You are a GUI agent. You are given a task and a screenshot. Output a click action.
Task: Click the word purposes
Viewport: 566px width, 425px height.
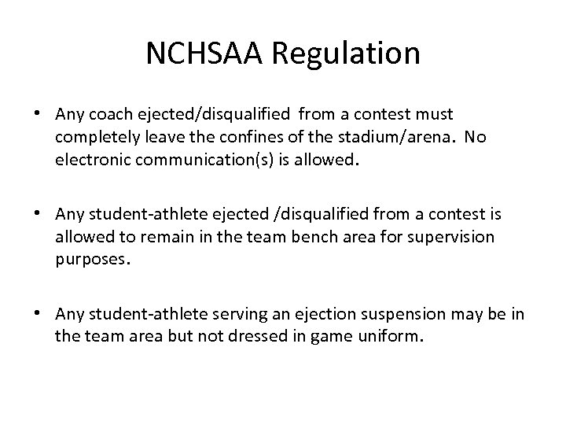(89, 259)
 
